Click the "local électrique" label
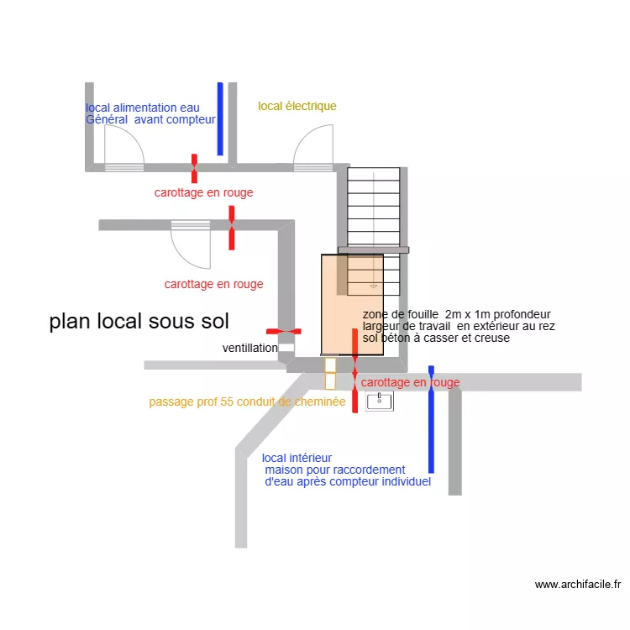(297, 106)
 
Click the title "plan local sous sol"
(139, 322)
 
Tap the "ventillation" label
(249, 348)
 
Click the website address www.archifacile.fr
(577, 585)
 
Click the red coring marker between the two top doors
(194, 168)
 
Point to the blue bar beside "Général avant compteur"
(220, 118)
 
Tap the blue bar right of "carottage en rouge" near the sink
(432, 419)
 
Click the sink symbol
(381, 401)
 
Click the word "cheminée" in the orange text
(318, 402)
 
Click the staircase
(374, 210)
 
